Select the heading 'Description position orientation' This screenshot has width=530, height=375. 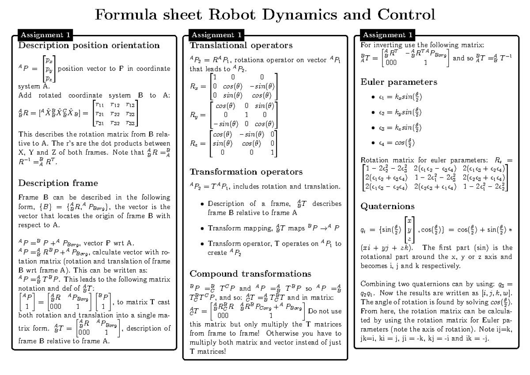tap(89, 45)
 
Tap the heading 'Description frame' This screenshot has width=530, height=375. tap(57, 182)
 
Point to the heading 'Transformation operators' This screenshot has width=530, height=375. tap(246, 171)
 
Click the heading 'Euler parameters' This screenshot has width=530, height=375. tap(399, 82)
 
